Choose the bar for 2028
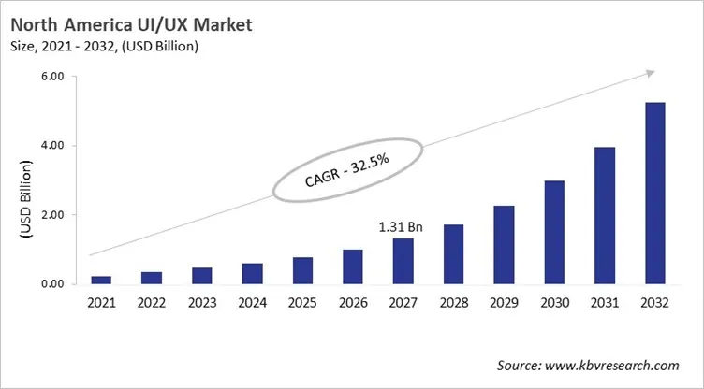(x=453, y=253)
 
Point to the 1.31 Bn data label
(x=401, y=225)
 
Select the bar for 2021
(x=101, y=280)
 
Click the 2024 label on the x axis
(x=252, y=304)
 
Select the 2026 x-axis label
(x=353, y=304)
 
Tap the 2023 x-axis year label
(x=201, y=304)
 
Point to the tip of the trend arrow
(x=653, y=72)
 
